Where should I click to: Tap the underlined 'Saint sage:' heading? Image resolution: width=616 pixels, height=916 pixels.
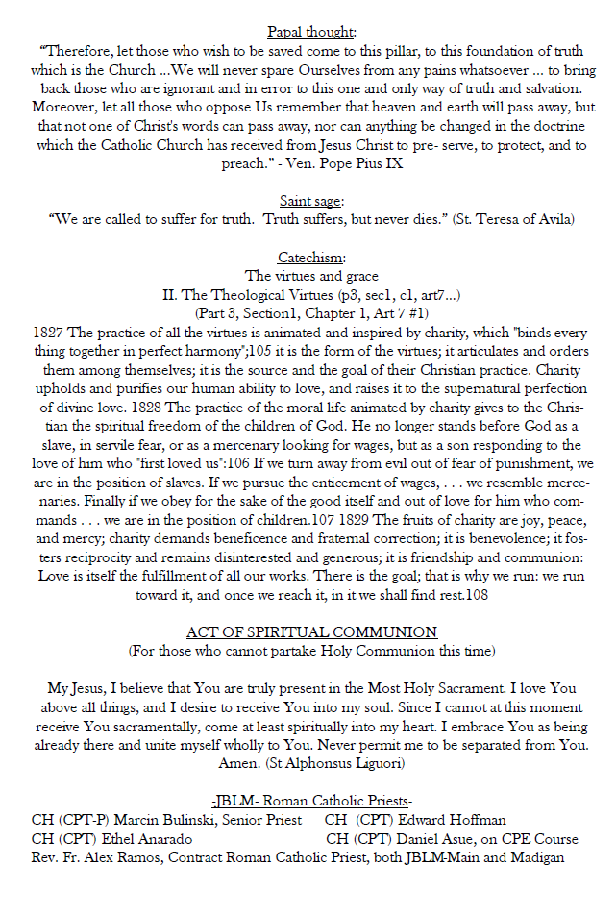(311, 201)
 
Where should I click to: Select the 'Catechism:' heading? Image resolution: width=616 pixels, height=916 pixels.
(311, 258)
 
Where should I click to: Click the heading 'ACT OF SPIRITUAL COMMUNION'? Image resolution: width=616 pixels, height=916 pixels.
(311, 632)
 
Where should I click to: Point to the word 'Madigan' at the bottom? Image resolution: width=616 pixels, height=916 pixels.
(534, 857)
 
